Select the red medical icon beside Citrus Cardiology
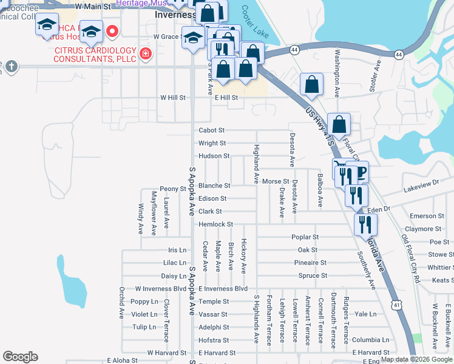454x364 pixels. point(146,55)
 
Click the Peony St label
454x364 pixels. point(172,189)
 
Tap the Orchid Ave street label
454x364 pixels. point(121,311)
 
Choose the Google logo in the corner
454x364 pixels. point(20,357)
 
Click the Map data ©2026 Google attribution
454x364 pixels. point(416,360)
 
